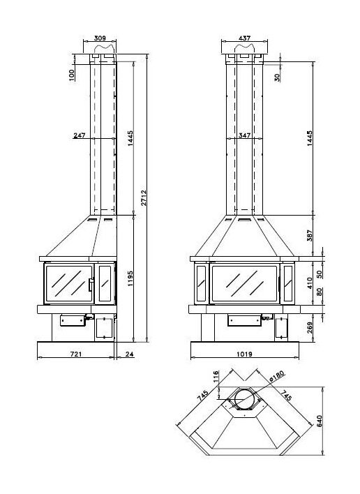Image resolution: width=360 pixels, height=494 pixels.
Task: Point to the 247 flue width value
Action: (79, 136)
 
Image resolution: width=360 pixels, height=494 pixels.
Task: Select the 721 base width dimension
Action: (77, 354)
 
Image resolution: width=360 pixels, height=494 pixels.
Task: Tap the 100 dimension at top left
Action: (72, 74)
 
